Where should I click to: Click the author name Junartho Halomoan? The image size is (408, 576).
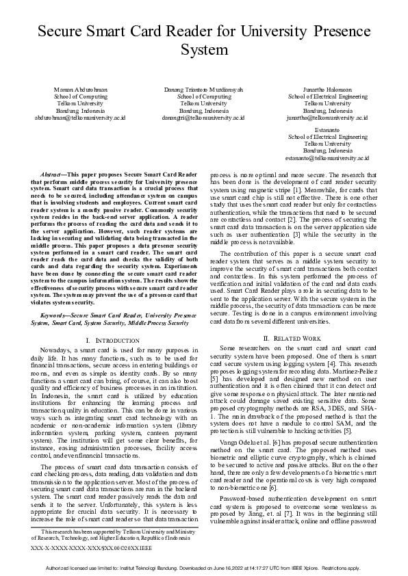coord(328,90)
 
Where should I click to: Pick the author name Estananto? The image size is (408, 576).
coord(328,129)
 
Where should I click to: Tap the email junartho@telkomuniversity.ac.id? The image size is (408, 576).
coord(328,118)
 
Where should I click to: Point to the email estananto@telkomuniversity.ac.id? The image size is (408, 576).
coord(328,157)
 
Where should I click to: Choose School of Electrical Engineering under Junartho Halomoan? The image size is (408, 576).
coord(328,97)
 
